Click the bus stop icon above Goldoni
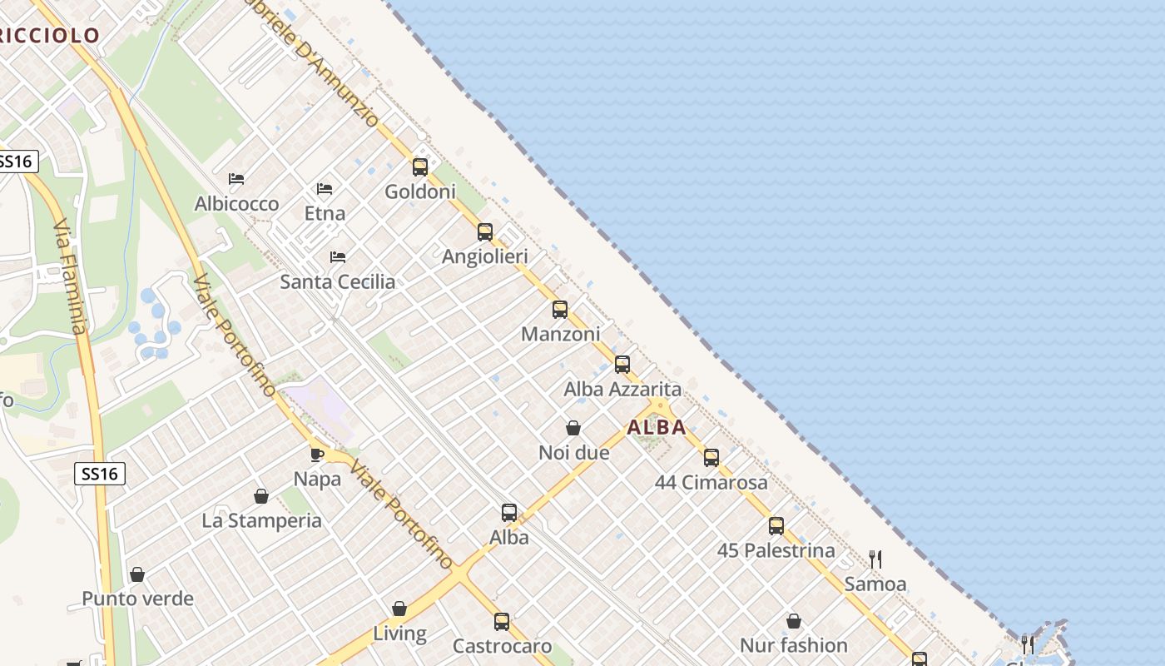tap(420, 167)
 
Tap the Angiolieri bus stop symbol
tap(485, 232)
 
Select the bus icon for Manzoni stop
tap(560, 310)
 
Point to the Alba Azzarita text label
tap(622, 389)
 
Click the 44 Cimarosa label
tap(711, 482)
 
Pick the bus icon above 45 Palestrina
tap(776, 526)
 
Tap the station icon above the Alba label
tap(509, 513)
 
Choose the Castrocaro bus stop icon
tap(502, 622)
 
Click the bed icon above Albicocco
tap(236, 179)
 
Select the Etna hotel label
tap(325, 213)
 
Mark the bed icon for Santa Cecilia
tap(338, 257)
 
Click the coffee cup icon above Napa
tap(317, 455)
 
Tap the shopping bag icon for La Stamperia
tap(261, 496)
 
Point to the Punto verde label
tap(137, 599)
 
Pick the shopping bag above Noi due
tap(573, 429)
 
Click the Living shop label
tap(399, 634)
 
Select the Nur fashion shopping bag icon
tap(794, 621)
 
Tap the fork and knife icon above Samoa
tap(875, 559)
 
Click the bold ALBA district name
tap(657, 428)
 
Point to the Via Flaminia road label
tap(70, 276)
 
